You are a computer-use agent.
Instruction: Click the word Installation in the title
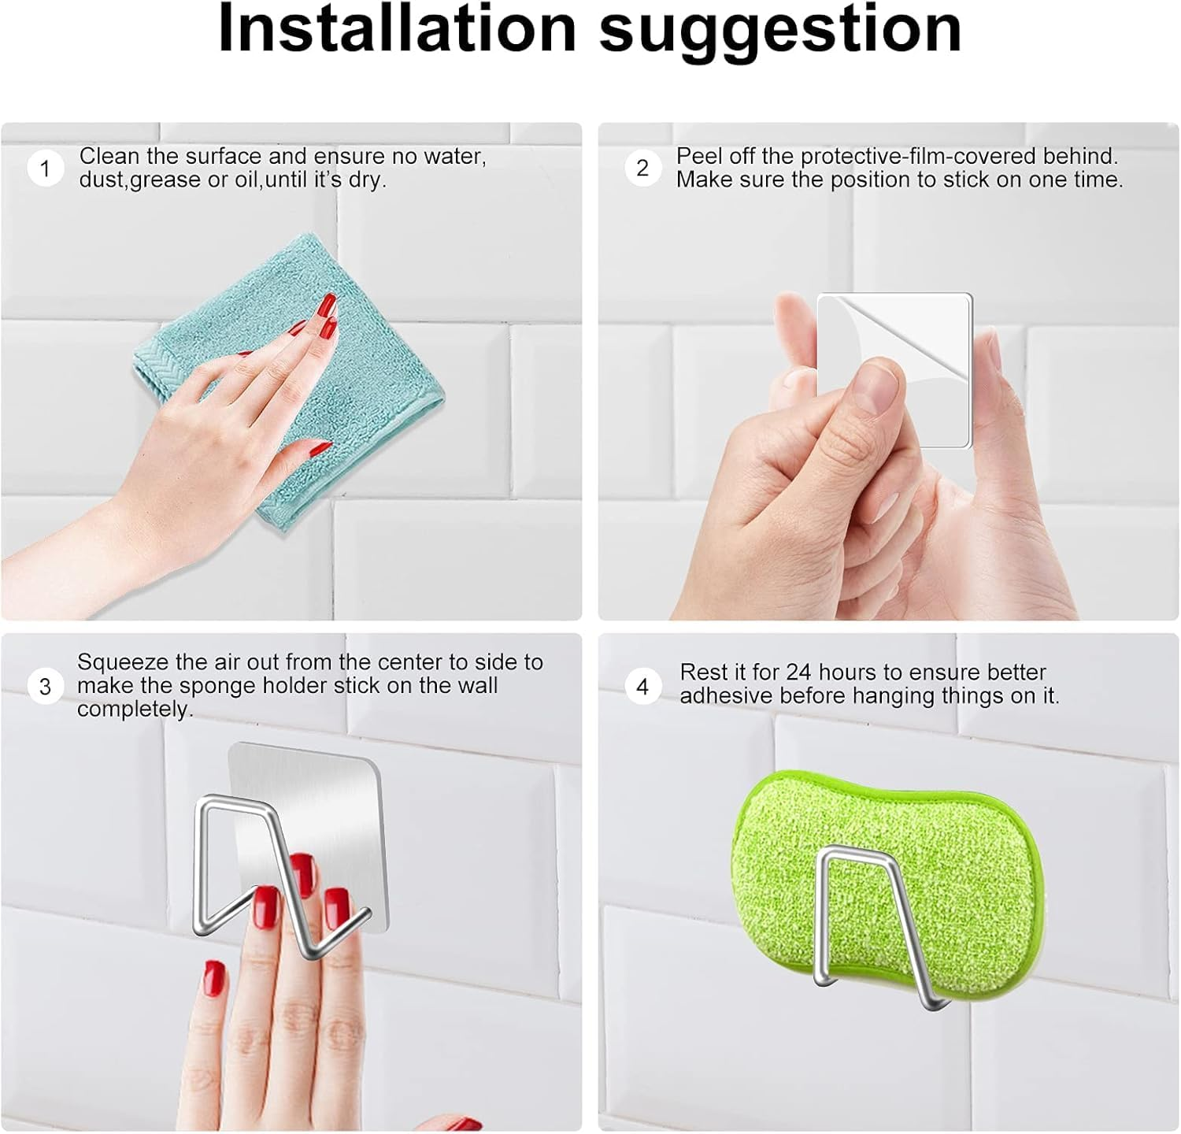397,30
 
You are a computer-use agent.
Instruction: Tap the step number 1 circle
45,169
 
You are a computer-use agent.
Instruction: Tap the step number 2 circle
642,169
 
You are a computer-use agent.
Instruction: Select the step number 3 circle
45,686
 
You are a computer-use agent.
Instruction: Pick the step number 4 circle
642,687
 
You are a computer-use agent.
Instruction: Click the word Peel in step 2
699,157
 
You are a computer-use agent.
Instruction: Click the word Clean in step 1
109,157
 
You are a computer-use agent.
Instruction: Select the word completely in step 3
135,710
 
